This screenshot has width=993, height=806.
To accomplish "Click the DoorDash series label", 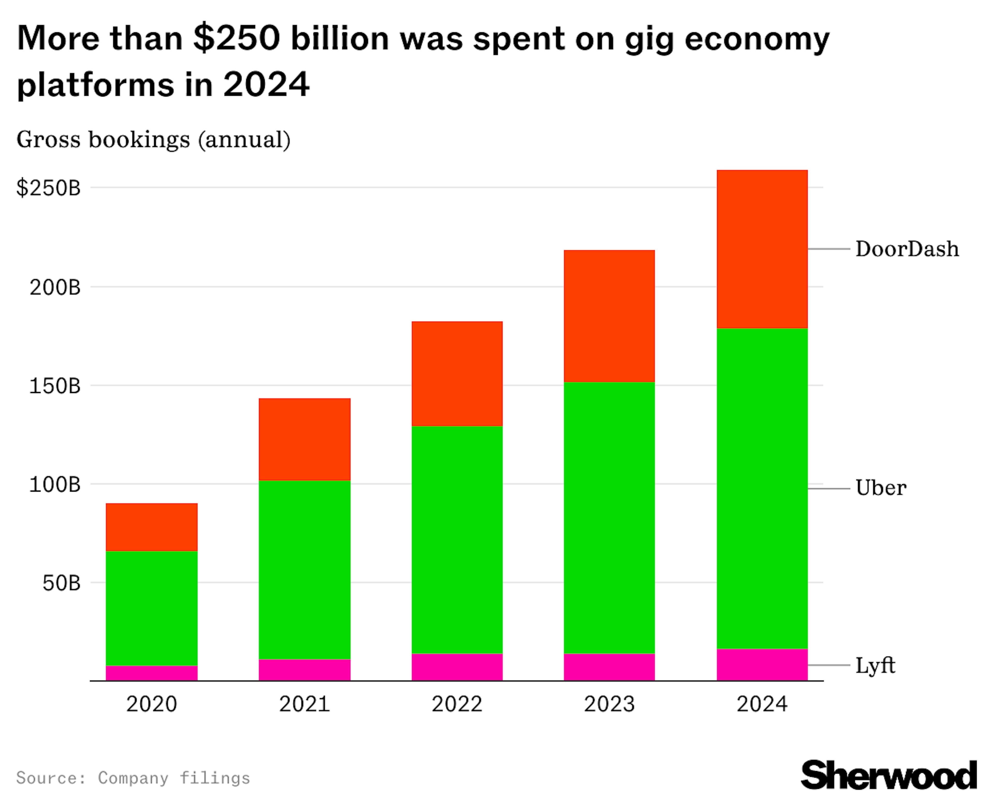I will (x=907, y=249).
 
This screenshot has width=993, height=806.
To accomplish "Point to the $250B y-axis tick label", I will (x=48, y=188).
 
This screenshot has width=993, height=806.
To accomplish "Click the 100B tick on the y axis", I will (x=55, y=485).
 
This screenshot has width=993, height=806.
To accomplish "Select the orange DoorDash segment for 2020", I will (x=152, y=527).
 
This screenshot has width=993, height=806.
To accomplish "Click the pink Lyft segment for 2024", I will (x=762, y=665).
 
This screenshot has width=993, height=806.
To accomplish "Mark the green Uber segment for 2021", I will (x=304, y=570).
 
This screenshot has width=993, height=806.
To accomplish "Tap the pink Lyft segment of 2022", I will (x=457, y=667).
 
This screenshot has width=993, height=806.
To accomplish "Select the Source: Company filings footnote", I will (x=133, y=778).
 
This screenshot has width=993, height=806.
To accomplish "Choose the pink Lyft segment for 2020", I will (x=152, y=673).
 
